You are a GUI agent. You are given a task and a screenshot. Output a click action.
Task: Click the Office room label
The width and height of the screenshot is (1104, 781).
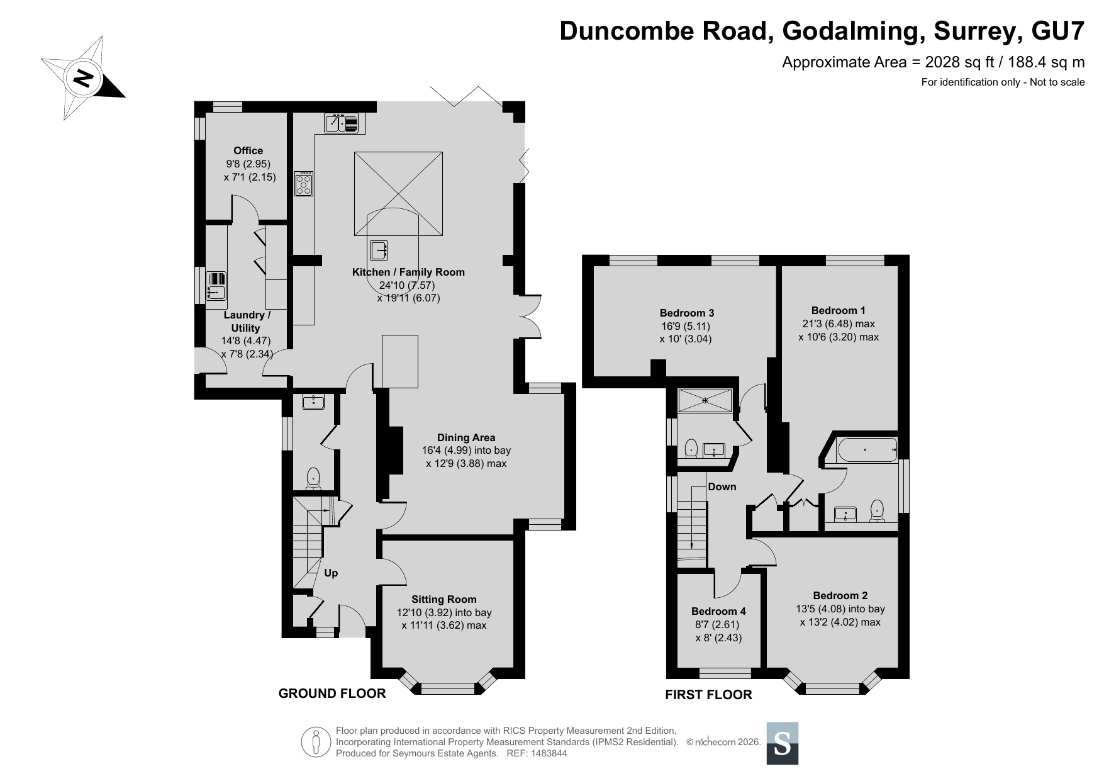click(x=248, y=150)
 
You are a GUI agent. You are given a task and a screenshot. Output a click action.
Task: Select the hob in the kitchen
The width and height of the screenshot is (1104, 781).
click(x=304, y=183)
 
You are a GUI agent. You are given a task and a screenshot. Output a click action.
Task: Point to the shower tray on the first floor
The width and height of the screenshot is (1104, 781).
click(x=705, y=400)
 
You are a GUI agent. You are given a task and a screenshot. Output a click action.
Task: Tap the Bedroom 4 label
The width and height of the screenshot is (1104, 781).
click(x=718, y=611)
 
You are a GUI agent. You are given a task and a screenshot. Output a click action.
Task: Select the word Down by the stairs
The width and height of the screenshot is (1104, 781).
click(x=722, y=486)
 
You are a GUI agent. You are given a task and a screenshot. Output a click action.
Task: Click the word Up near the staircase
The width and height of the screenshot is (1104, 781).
click(x=331, y=573)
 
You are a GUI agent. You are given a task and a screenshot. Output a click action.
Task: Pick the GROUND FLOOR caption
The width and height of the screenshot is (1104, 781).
click(x=332, y=694)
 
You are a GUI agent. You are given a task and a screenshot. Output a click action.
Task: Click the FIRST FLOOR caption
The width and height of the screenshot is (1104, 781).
click(x=708, y=695)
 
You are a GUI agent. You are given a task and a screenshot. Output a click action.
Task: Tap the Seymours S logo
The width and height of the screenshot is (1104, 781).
click(x=782, y=743)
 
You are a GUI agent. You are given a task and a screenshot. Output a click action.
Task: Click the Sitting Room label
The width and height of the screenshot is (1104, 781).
click(x=444, y=599)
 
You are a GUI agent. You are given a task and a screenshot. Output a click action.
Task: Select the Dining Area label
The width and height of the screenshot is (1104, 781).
click(x=466, y=437)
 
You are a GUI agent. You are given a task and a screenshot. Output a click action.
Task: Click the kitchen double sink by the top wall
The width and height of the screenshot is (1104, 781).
click(x=341, y=123)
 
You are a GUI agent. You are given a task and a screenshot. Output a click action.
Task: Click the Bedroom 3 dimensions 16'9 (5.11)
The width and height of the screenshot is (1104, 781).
click(x=686, y=326)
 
